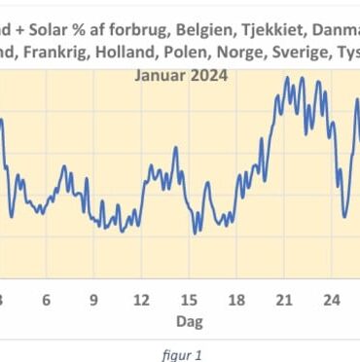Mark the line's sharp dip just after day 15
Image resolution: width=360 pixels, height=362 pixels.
coord(196,232)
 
